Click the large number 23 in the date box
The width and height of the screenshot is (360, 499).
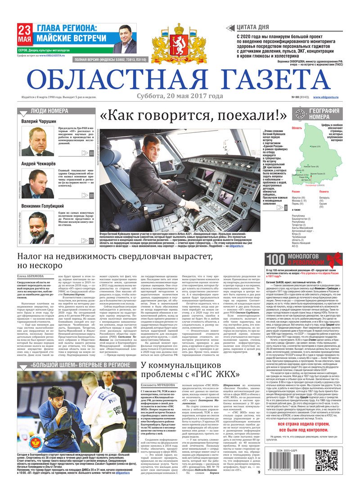pyautogui.click(x=25, y=31)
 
